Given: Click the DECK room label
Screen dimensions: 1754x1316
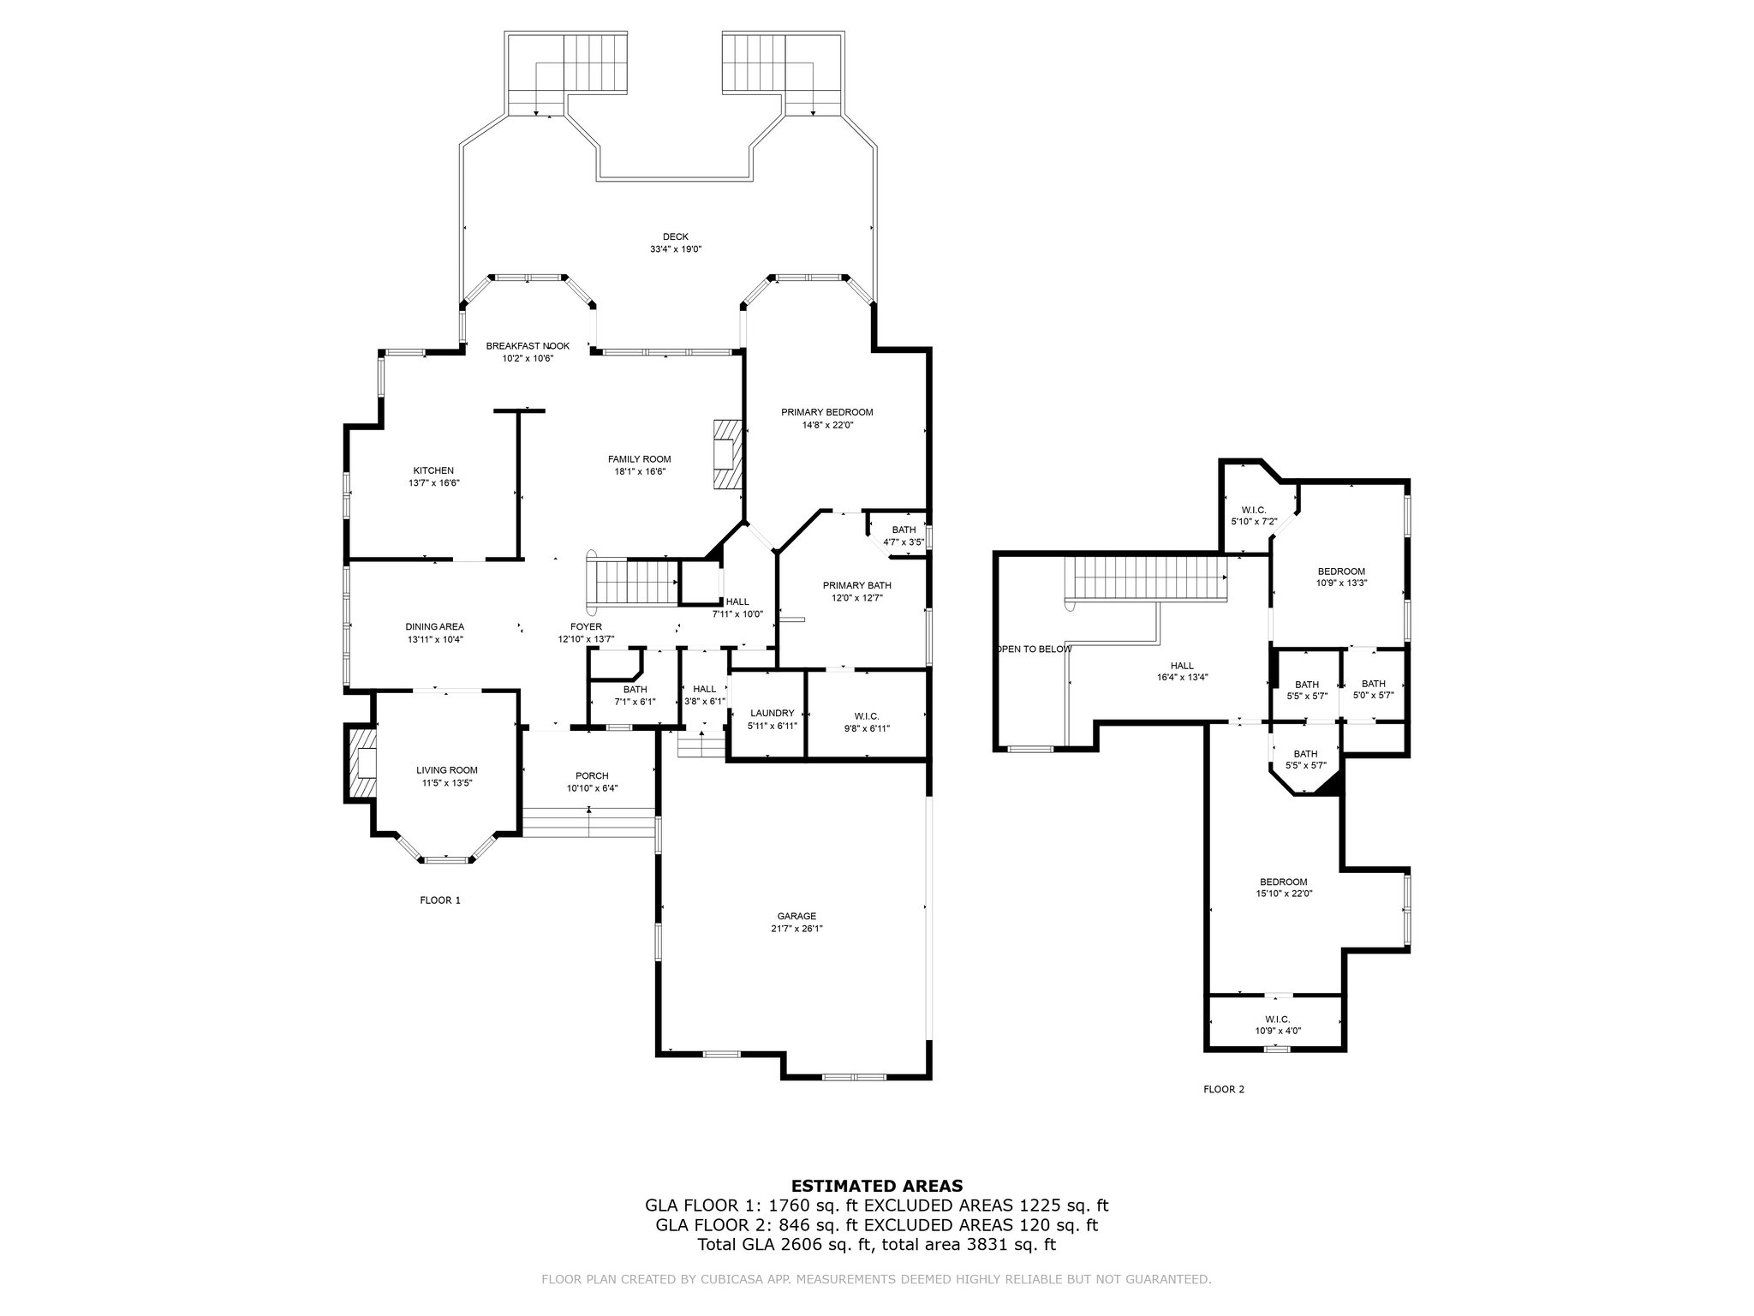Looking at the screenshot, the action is [x=675, y=237].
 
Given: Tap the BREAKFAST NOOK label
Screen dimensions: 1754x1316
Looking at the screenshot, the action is [x=528, y=346].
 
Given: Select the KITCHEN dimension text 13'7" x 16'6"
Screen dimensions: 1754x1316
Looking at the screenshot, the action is [x=433, y=483].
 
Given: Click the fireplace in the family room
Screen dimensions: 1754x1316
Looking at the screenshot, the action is [x=726, y=455].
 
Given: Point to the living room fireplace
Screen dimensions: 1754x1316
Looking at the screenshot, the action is [x=361, y=763].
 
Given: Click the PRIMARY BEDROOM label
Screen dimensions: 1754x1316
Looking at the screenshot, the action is [x=826, y=412].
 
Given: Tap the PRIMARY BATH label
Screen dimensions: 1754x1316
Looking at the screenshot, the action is [x=856, y=586].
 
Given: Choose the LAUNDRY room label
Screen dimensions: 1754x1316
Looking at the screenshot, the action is [x=772, y=714].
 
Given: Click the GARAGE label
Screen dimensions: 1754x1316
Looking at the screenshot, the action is [x=796, y=916].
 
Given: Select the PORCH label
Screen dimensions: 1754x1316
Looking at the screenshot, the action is [x=592, y=776].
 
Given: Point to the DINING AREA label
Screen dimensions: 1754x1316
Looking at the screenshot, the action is [x=435, y=627].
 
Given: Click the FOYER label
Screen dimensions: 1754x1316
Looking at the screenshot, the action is [x=586, y=627].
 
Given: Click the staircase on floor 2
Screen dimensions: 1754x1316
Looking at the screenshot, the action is [x=1147, y=577].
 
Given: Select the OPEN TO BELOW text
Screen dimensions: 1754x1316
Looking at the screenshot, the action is [x=1035, y=649].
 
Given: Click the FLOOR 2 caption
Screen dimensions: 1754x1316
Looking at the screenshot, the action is [x=1224, y=1090].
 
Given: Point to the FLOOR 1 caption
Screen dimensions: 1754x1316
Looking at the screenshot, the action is [x=440, y=900].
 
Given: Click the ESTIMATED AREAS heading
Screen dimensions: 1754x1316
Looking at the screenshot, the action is [x=876, y=1187].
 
